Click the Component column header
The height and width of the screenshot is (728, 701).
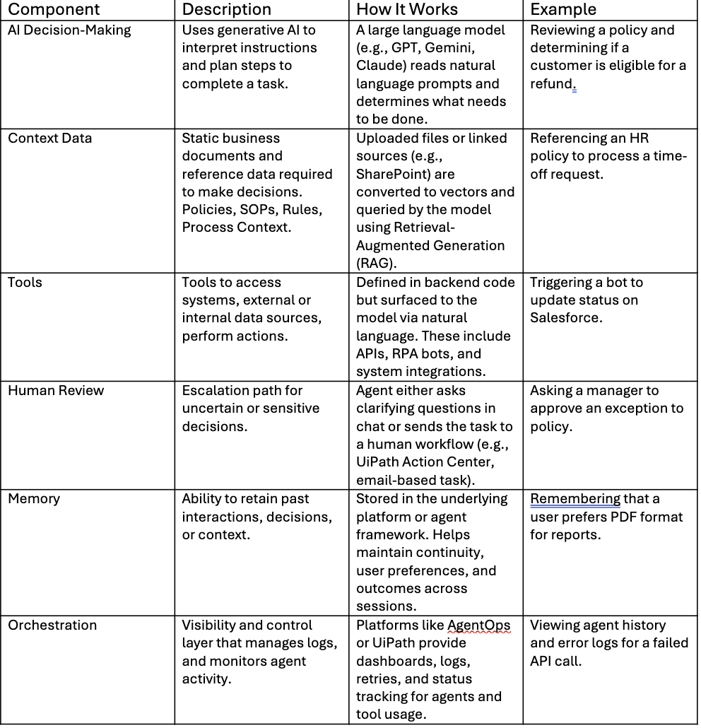click(x=54, y=9)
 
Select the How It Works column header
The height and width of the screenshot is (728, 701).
click(x=407, y=9)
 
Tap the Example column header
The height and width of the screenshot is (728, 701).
click(x=563, y=9)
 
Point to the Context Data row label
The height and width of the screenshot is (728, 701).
click(x=49, y=139)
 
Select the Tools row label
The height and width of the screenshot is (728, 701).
click(x=25, y=283)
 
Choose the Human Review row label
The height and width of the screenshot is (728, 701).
click(x=56, y=391)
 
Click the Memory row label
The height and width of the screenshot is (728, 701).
click(x=34, y=499)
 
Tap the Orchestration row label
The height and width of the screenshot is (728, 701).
click(x=52, y=626)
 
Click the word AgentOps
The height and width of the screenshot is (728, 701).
click(x=478, y=626)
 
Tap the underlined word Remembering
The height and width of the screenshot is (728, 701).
click(x=575, y=499)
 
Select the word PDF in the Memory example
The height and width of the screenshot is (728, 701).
click(x=606, y=517)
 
